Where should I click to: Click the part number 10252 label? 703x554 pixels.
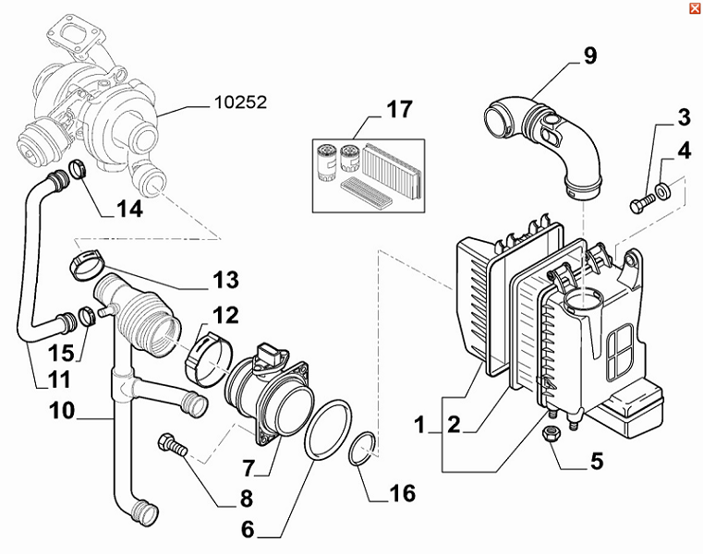click(239, 102)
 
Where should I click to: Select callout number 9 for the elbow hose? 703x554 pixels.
click(589, 56)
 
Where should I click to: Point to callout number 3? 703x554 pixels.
click(683, 117)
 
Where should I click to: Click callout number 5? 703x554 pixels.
click(596, 459)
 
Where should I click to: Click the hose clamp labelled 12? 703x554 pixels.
click(212, 355)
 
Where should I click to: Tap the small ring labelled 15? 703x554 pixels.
click(86, 318)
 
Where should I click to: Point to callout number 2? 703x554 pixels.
click(454, 426)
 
